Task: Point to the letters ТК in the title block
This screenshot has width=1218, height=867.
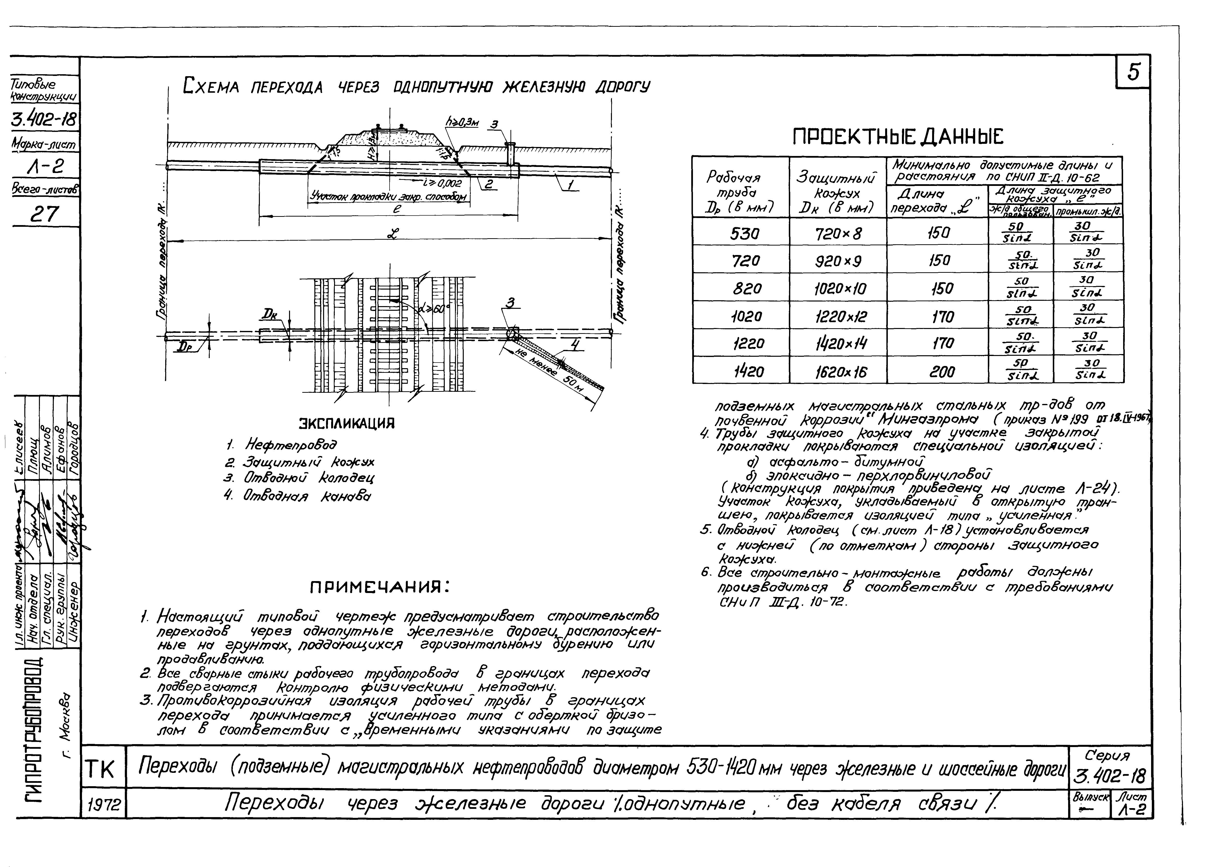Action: click(x=104, y=769)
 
